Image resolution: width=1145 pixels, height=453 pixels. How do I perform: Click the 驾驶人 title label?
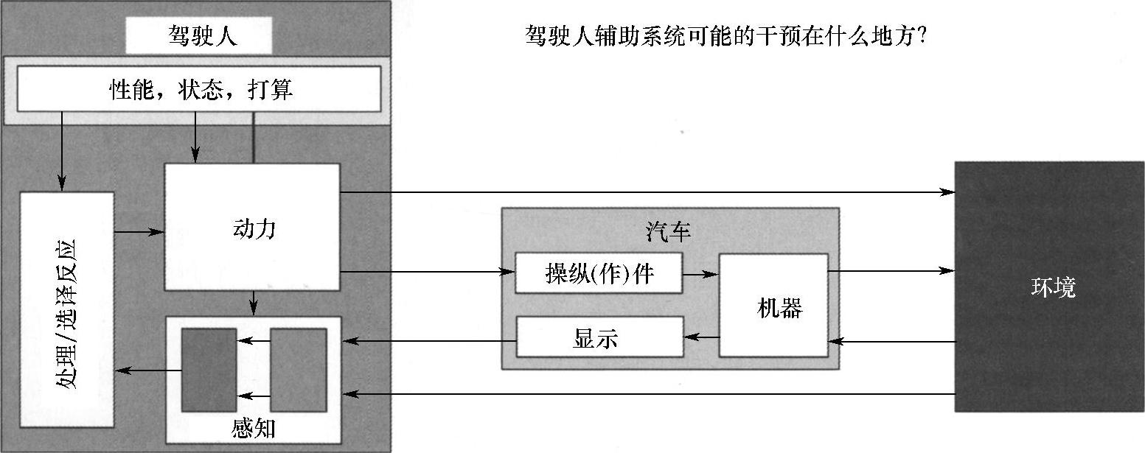[x=198, y=36]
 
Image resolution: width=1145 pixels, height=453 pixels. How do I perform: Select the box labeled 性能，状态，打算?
[x=199, y=89]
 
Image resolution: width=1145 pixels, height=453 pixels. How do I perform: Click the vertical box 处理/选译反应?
[x=67, y=309]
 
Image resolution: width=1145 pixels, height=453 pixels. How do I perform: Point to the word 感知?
[x=253, y=428]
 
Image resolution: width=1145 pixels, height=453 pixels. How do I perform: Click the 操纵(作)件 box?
[x=598, y=273]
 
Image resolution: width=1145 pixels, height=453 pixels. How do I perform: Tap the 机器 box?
[x=773, y=306]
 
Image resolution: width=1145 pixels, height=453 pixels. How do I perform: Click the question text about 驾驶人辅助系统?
[x=726, y=36]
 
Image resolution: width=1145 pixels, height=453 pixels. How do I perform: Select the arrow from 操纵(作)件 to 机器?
[x=700, y=274]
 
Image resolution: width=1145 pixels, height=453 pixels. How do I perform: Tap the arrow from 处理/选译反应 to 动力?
[x=139, y=232]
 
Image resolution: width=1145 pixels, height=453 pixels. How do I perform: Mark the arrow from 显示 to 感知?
[x=428, y=341]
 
